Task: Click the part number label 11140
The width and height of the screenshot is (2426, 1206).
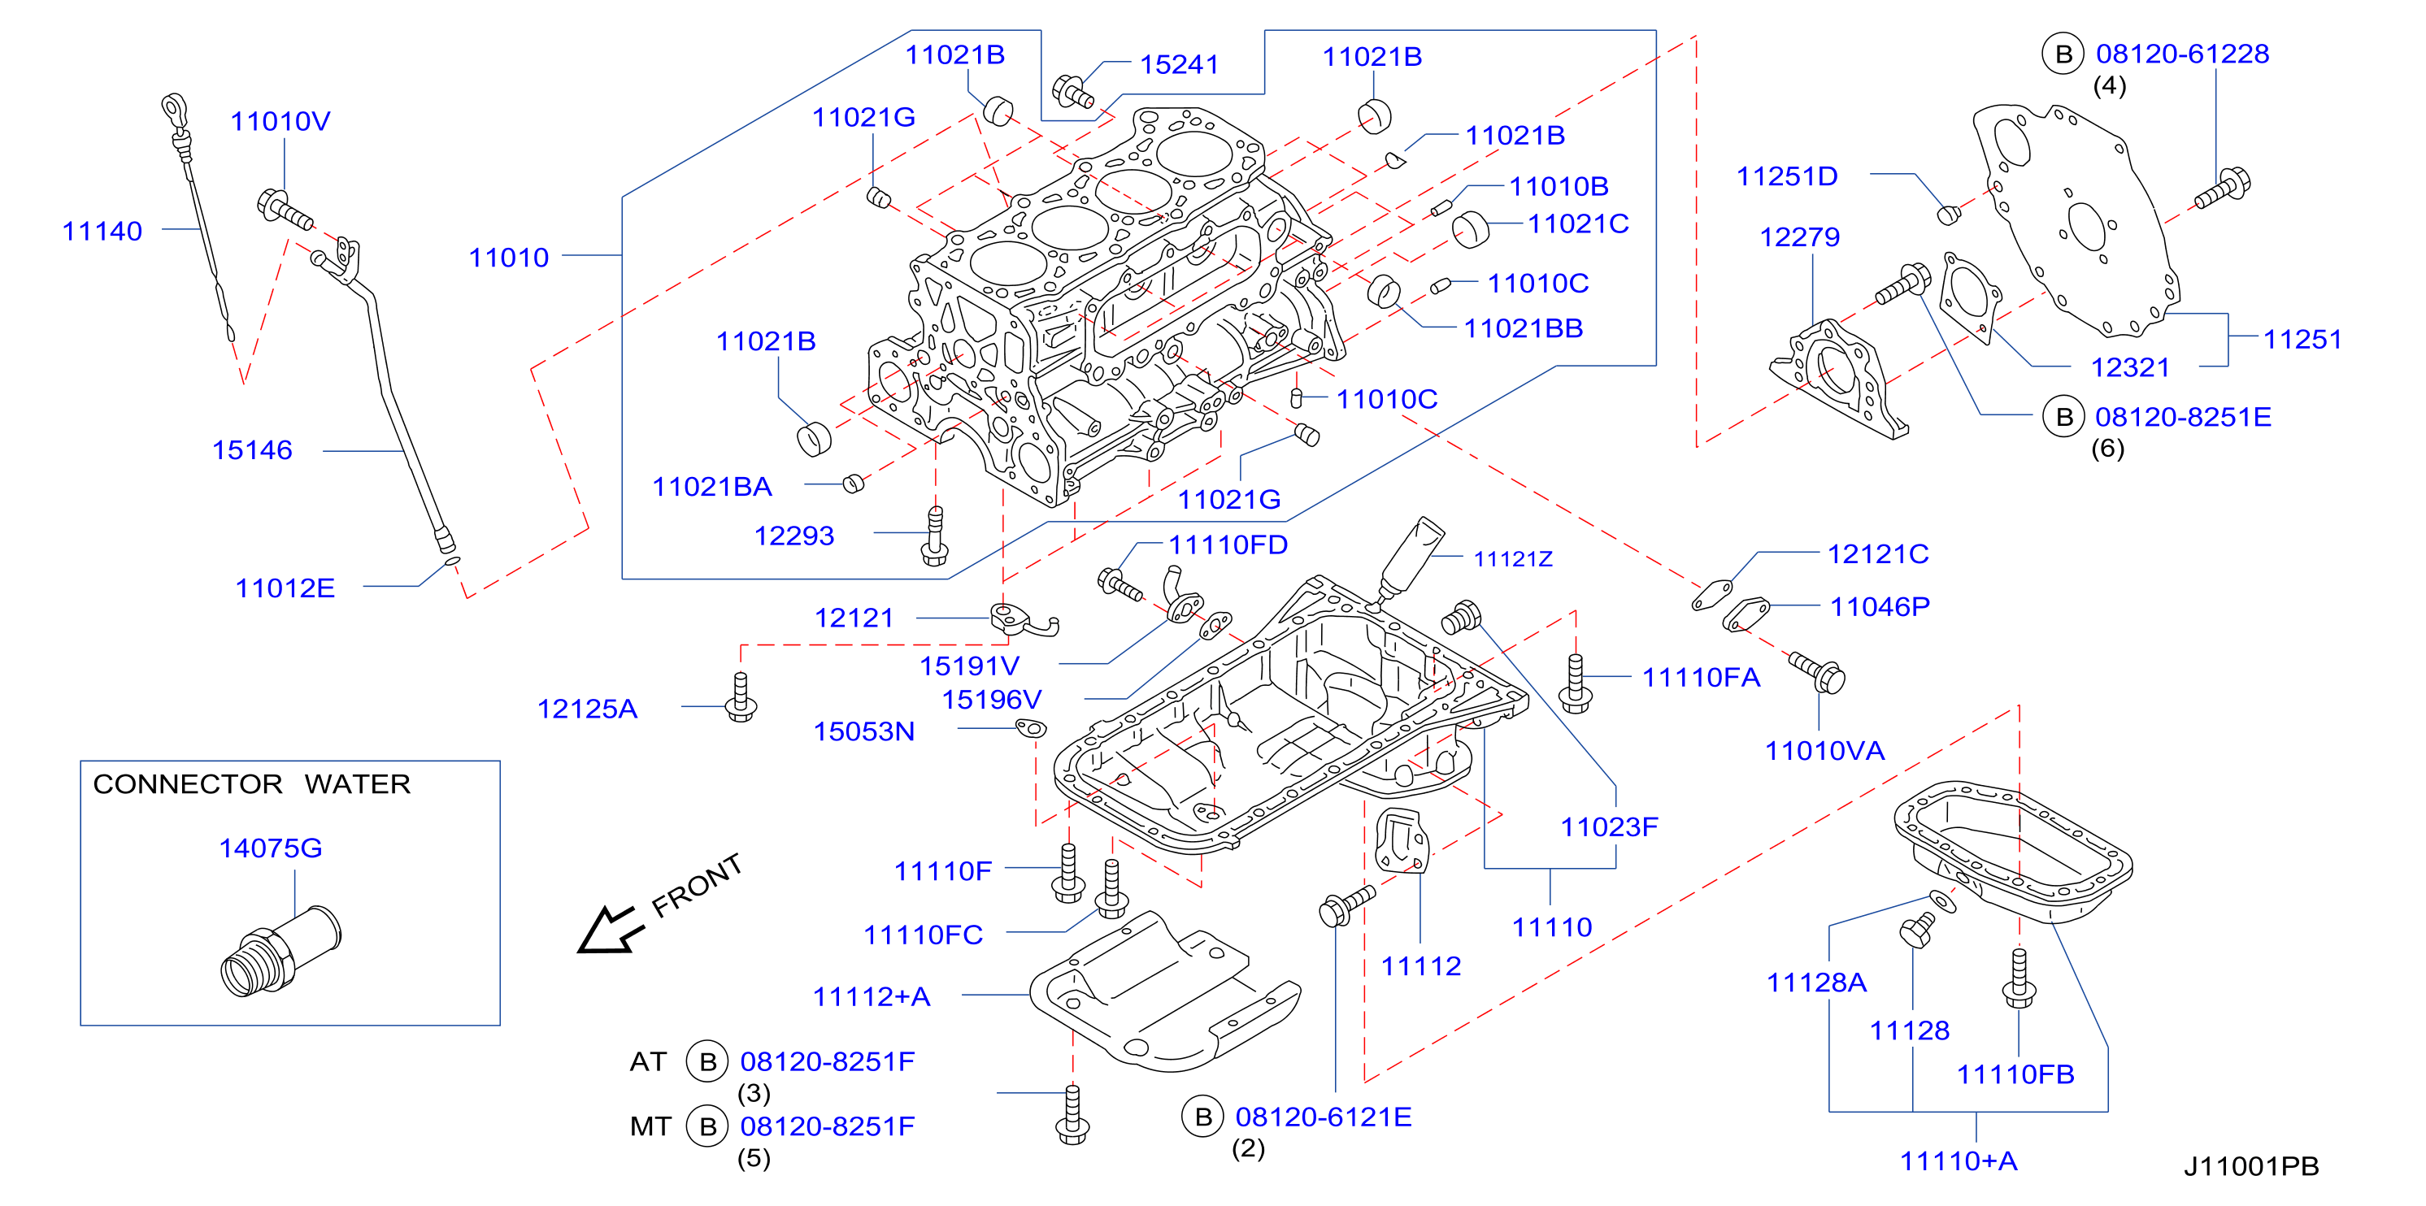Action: tap(102, 232)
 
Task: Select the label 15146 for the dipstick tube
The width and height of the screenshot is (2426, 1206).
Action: tap(251, 450)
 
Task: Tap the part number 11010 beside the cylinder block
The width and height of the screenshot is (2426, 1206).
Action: tap(509, 258)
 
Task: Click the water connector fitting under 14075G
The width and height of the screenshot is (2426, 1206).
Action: tap(280, 951)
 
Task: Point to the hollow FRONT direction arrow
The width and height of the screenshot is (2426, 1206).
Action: tap(609, 931)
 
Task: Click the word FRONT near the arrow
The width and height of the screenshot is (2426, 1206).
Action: tap(697, 885)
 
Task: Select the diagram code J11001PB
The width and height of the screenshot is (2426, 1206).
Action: tap(2251, 1166)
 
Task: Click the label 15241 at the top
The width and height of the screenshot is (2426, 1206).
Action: tap(1179, 65)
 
